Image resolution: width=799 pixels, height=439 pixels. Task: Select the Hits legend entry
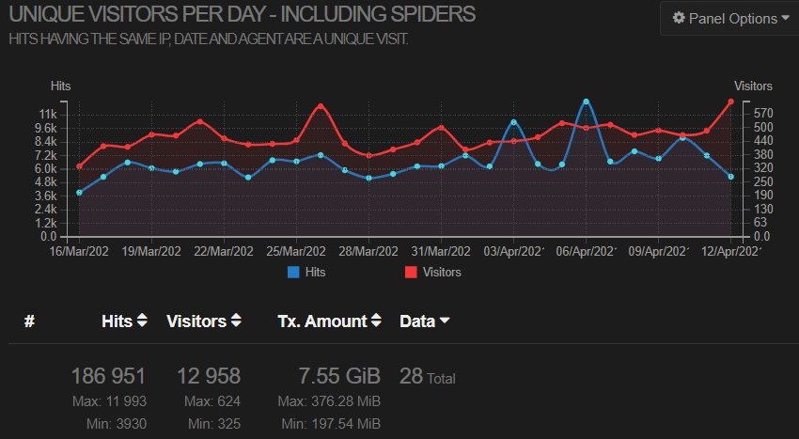click(x=306, y=273)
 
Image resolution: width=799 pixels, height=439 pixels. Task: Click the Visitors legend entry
click(x=433, y=273)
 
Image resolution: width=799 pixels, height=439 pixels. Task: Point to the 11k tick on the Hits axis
click(x=48, y=114)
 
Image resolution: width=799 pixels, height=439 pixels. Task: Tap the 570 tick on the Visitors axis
click(x=763, y=113)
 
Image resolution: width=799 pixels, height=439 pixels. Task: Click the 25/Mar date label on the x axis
click(x=295, y=251)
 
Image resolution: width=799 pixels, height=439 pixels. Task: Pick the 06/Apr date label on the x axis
click(x=586, y=251)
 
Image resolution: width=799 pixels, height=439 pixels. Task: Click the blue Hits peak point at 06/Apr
click(x=586, y=102)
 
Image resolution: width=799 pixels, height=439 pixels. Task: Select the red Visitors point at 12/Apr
click(x=730, y=102)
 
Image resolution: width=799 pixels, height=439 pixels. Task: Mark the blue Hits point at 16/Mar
click(x=79, y=193)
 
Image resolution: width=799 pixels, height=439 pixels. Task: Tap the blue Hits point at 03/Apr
click(x=513, y=122)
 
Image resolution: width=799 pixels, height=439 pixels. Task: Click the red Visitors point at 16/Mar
click(x=79, y=166)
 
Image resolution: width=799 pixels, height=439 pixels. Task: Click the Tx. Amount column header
click(x=329, y=321)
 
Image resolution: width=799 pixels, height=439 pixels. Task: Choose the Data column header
click(x=425, y=321)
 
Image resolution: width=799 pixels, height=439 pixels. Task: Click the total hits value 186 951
click(x=108, y=376)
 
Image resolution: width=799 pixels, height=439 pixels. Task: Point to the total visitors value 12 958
click(x=209, y=376)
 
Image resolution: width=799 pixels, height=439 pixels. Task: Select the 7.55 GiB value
click(x=339, y=376)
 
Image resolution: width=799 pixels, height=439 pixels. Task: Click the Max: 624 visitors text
click(x=212, y=401)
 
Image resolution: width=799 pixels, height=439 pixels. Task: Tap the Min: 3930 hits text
click(x=117, y=424)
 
